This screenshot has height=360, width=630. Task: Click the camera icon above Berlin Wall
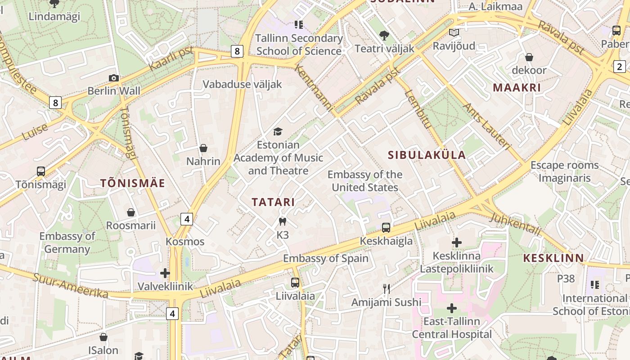114,78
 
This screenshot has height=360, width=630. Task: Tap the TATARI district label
273,202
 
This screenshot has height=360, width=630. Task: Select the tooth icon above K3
283,221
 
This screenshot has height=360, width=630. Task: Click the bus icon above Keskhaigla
386,228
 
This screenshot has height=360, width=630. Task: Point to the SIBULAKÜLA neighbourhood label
427,155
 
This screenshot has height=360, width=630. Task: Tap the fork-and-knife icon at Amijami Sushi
386,288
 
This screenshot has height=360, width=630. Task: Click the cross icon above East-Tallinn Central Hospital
451,308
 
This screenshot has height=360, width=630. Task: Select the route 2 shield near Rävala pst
620,67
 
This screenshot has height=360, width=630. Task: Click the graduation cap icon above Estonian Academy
278,131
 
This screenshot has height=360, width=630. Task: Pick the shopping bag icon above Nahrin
203,148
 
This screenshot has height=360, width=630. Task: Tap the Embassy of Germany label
67,243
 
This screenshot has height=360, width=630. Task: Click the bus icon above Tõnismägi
41,171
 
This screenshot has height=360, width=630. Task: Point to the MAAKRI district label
517,88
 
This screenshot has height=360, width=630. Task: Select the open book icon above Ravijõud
454,33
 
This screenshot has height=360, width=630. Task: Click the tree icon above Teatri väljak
384,35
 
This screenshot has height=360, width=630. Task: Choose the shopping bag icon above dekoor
529,57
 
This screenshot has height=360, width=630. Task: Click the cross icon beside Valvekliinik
165,273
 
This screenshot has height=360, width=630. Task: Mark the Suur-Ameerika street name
70,286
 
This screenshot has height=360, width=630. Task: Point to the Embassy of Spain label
325,258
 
